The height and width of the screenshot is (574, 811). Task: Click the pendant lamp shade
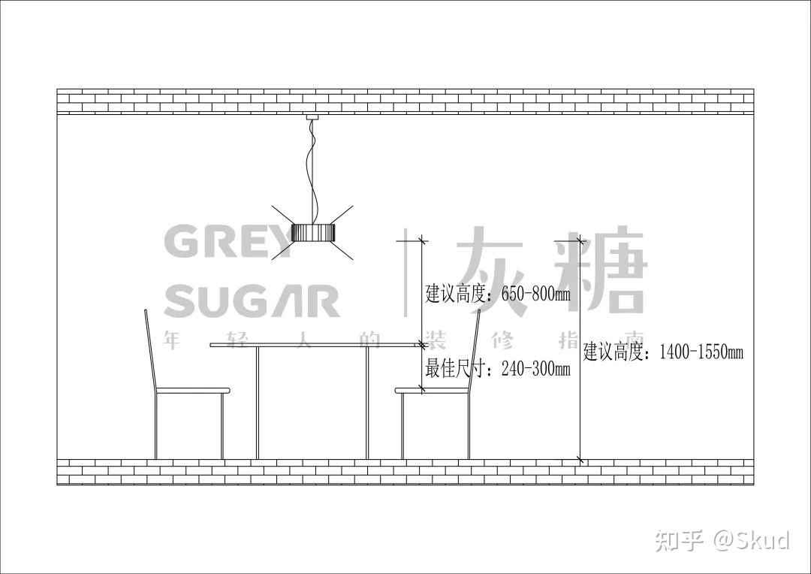point(313,233)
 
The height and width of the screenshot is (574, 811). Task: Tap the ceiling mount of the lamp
point(312,116)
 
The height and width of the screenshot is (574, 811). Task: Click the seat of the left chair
point(191,391)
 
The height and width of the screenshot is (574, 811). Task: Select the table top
point(315,345)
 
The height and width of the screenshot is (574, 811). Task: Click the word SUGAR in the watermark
point(252,300)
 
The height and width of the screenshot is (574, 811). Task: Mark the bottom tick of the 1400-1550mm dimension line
point(580,458)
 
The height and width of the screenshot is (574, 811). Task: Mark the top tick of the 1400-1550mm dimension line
point(580,240)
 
